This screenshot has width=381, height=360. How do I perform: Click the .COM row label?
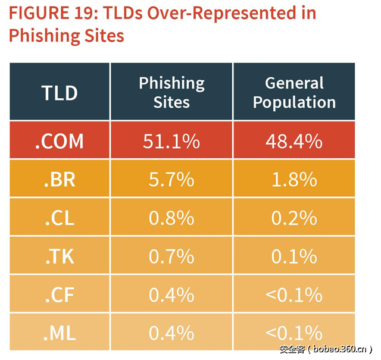coord(60,141)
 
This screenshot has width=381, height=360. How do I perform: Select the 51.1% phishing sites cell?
coord(171,141)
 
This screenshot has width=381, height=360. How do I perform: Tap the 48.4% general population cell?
coord(294,141)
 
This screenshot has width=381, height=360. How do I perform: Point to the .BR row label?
coord(60,179)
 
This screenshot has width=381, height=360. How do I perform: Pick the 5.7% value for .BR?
coord(171,179)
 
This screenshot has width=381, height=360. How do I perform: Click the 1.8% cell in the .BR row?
coord(294,179)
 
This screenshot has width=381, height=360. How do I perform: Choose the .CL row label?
coord(59,218)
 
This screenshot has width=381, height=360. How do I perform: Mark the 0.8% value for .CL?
coord(171,218)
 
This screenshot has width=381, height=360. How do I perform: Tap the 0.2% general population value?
coord(294,218)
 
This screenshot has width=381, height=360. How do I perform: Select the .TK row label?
coord(59,256)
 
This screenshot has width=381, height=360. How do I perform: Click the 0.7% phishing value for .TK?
coord(171,256)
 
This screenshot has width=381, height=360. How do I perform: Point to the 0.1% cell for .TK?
coord(294,256)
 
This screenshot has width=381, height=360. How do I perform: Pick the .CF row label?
coord(59,295)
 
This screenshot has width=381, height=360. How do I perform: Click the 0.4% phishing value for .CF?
coord(171,295)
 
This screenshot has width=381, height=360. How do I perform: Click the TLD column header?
coord(60,92)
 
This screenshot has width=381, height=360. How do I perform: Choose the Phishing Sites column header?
coord(171,92)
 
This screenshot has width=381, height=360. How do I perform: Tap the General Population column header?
coord(294,92)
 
